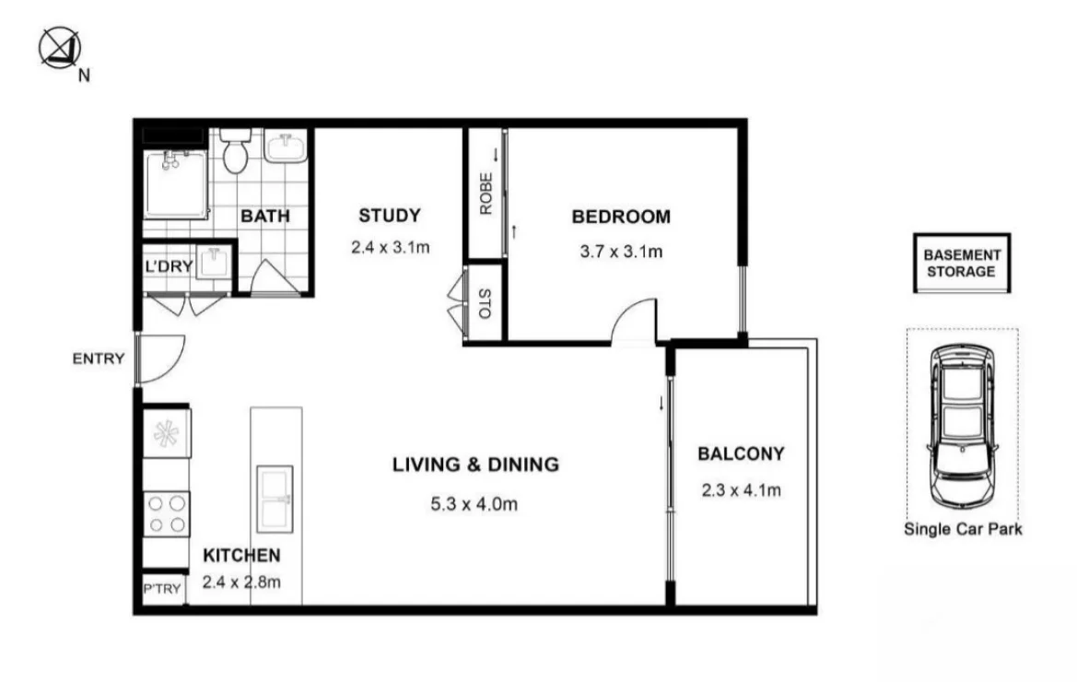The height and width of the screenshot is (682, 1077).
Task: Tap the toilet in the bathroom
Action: pyautogui.click(x=236, y=152)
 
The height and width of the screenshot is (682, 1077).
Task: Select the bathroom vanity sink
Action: pyautogui.click(x=286, y=147)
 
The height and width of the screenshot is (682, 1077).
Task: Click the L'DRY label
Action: pyautogui.click(x=169, y=267)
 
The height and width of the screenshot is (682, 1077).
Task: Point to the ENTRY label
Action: pyautogui.click(x=98, y=359)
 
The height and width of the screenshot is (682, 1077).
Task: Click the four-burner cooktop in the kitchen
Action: pyautogui.click(x=167, y=514)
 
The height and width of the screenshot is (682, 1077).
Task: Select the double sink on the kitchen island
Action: pyautogui.click(x=274, y=498)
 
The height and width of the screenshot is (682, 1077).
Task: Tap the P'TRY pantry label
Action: pyautogui.click(x=162, y=589)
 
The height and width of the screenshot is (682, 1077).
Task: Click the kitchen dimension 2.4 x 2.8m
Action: pyautogui.click(x=240, y=581)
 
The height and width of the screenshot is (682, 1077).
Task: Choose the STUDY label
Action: pyautogui.click(x=389, y=216)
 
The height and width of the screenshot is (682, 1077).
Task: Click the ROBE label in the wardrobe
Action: pyautogui.click(x=485, y=194)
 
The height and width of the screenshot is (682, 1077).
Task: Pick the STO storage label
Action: pyautogui.click(x=485, y=304)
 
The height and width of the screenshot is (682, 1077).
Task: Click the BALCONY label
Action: pyautogui.click(x=741, y=453)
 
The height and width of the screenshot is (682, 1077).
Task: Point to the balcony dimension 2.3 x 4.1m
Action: pyautogui.click(x=741, y=490)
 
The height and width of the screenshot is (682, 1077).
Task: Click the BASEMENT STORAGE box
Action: pyautogui.click(x=961, y=264)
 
